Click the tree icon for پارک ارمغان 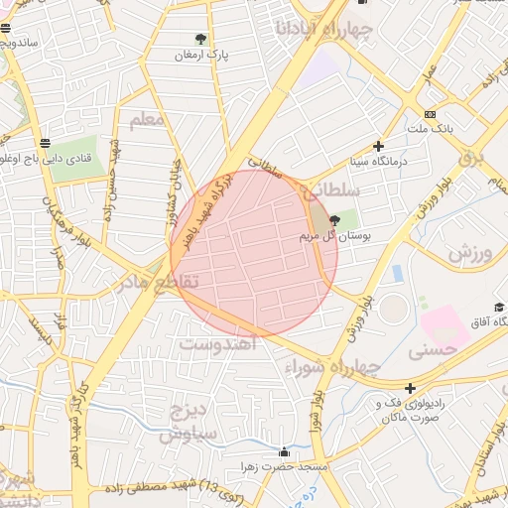point(201,40)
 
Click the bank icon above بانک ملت point(429,114)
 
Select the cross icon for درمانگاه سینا point(378,146)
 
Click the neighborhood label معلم point(146,121)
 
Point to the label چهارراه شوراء point(331,367)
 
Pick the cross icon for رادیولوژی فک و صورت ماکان point(410,388)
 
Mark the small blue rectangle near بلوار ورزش point(397,272)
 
